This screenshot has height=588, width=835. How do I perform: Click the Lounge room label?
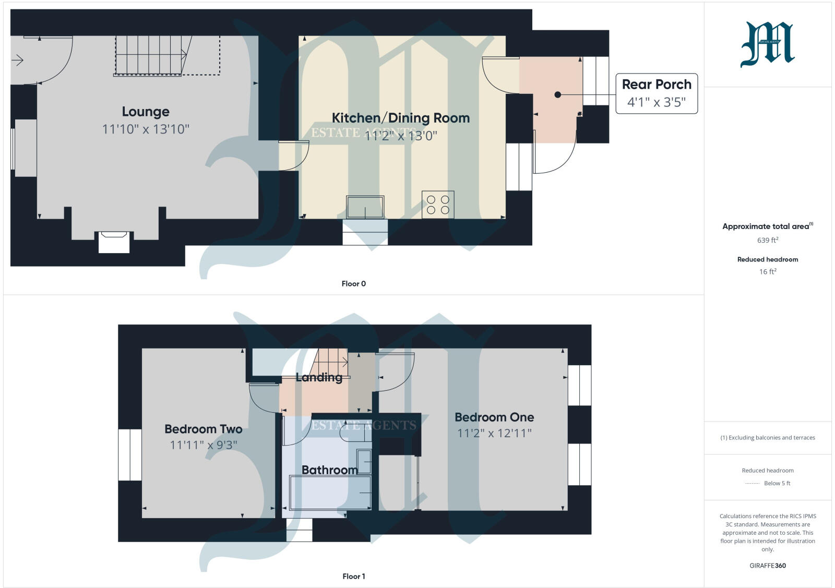tap(146, 112)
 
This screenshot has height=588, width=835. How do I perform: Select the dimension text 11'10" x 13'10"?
tap(146, 129)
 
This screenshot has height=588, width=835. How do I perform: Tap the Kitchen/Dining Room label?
tap(400, 118)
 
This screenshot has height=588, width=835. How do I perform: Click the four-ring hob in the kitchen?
tap(438, 205)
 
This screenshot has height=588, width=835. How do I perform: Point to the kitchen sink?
tap(365, 207)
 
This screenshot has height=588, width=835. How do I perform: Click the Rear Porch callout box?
tap(657, 93)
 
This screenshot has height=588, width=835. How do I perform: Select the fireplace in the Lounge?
tap(114, 242)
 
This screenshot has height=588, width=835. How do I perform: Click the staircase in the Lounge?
tap(151, 55)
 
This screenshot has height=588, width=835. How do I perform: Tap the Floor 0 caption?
tap(353, 284)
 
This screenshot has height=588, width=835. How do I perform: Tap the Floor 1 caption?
tap(353, 577)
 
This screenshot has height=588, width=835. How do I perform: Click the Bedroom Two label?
tap(203, 429)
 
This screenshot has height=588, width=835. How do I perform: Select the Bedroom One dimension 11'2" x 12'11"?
tap(494, 433)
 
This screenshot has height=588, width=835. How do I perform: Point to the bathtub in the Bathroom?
tap(330, 493)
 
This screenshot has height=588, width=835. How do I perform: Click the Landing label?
tap(319, 377)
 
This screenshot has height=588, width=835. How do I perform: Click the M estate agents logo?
tap(767, 45)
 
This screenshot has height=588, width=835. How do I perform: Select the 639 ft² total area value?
tap(767, 240)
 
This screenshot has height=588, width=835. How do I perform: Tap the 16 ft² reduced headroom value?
tap(767, 271)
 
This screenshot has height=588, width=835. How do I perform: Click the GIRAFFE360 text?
tap(767, 566)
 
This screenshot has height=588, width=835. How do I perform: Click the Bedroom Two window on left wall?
tap(130, 454)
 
